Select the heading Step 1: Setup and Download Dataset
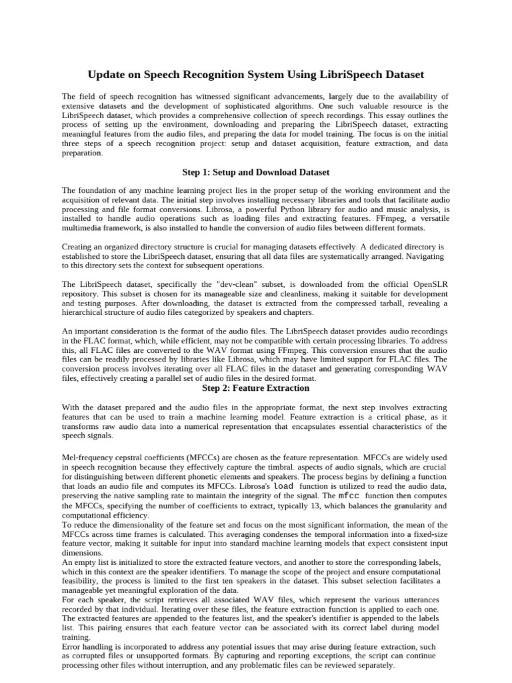tap(256, 172)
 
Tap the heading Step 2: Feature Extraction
tap(256, 388)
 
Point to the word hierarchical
tap(85, 312)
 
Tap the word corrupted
tap(95, 656)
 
